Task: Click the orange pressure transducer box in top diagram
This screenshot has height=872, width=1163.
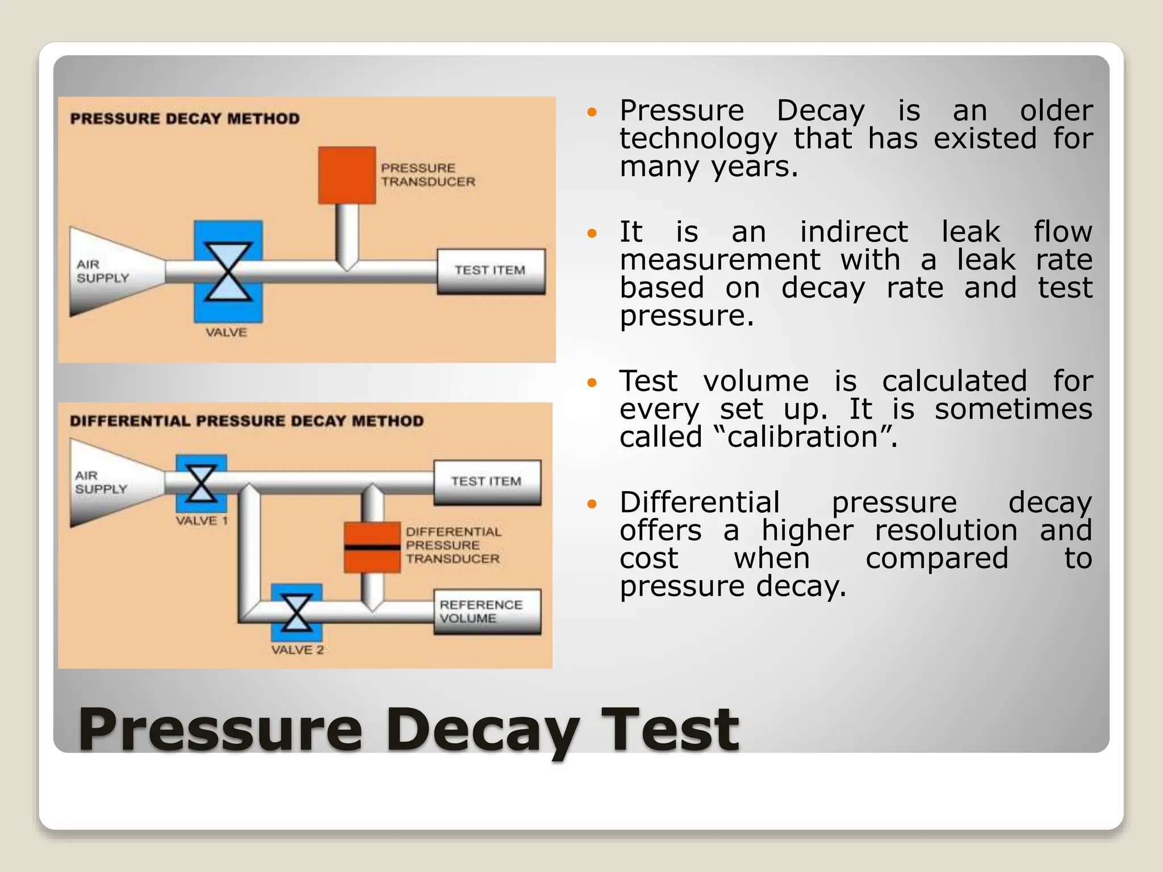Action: click(346, 175)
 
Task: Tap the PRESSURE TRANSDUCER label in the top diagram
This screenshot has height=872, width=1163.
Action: click(428, 175)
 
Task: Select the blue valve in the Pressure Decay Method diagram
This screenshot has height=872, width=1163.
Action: click(228, 271)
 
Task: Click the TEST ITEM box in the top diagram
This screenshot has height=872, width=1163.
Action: click(491, 271)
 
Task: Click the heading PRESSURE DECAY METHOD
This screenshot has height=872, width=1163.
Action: click(185, 119)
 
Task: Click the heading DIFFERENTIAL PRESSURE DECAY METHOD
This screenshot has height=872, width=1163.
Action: click(246, 421)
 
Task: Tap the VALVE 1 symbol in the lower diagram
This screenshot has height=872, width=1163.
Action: click(201, 483)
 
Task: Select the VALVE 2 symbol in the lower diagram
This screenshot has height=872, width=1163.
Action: click(296, 613)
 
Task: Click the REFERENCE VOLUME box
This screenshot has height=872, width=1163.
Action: click(487, 612)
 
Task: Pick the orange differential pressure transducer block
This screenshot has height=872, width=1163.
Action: click(372, 547)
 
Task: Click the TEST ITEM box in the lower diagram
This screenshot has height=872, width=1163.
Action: click(487, 482)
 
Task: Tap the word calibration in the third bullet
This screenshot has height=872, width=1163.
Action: click(803, 437)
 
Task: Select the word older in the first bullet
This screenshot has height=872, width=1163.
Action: click(1056, 111)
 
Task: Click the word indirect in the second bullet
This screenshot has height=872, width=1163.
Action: click(854, 232)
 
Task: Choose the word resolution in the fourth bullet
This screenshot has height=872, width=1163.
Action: click(946, 531)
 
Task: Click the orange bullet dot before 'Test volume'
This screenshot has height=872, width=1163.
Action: click(592, 383)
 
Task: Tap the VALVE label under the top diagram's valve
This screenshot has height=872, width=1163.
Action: click(226, 333)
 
